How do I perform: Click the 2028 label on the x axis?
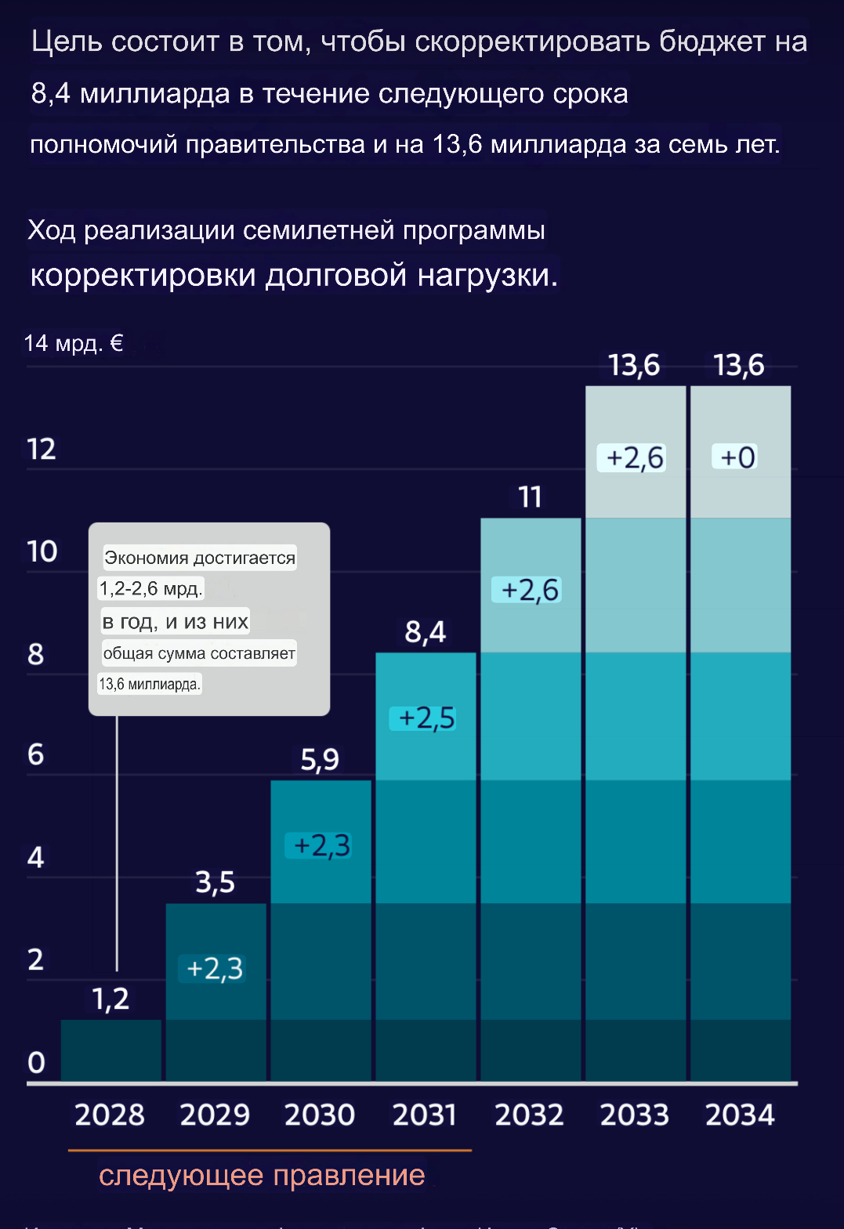pos(110,1115)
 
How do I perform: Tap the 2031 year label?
pos(425,1115)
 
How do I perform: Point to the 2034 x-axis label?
pos(740,1115)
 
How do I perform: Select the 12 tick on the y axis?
pos(42,450)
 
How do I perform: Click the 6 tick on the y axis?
pos(36,754)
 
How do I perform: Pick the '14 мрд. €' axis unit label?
pos(74,343)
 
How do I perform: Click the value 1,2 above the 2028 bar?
pos(110,999)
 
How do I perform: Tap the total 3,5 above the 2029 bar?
pos(216,882)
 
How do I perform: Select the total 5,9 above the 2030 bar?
pos(321,759)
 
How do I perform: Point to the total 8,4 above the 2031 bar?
pos(426,631)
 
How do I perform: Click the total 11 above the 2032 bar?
pos(531,497)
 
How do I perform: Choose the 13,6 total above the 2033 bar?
pos(635,365)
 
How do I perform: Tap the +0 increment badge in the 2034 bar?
pos(738,457)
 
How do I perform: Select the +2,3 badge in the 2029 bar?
pos(215,969)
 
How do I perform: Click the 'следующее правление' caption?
pos(262,1175)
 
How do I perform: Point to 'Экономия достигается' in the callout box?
pos(200,558)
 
